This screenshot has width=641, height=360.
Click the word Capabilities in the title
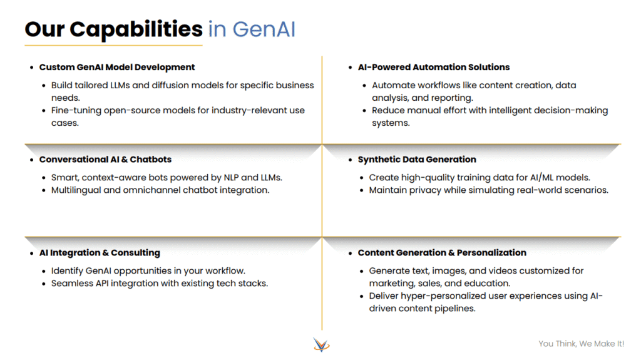(136, 30)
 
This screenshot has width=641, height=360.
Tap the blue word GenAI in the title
(264, 29)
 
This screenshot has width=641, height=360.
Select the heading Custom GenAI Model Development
(117, 67)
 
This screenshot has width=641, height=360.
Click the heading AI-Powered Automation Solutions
(434, 67)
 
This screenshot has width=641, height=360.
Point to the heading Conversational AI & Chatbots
(105, 160)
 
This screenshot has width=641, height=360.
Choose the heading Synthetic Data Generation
(417, 160)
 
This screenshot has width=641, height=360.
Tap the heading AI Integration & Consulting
(100, 253)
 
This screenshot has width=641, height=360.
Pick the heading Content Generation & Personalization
(442, 253)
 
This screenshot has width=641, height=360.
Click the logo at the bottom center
(321, 344)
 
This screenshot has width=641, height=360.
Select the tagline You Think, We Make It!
(582, 344)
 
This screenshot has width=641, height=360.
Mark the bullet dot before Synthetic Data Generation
(351, 160)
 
